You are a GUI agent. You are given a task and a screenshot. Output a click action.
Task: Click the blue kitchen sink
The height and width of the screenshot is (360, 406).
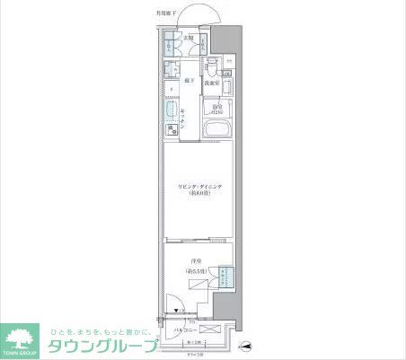[170, 112]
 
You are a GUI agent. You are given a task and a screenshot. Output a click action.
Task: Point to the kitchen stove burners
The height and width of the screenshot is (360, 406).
[170, 131]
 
